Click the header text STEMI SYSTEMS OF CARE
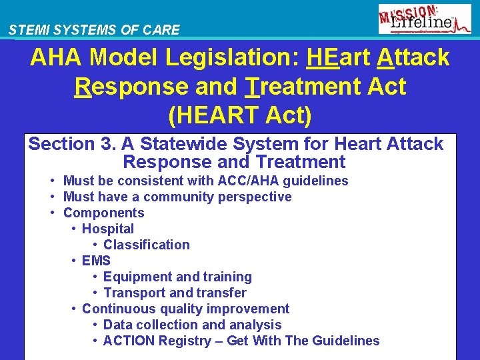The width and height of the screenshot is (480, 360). (94, 30)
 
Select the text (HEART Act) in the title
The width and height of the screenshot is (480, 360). (240, 115)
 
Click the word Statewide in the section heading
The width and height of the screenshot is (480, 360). (203, 144)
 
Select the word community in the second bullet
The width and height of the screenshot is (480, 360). (175, 197)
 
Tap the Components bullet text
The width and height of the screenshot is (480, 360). (103, 213)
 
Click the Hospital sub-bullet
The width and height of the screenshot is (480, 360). (108, 229)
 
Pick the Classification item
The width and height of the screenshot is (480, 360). (147, 245)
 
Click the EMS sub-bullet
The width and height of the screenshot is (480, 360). (96, 261)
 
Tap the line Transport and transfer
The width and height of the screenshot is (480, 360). (175, 293)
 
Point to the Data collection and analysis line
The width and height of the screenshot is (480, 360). (192, 325)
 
